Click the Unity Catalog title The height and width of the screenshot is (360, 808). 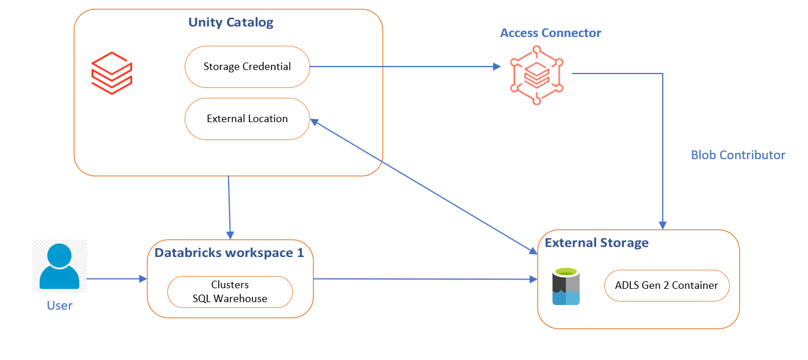[x=230, y=23]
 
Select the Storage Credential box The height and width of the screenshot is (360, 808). [x=247, y=67]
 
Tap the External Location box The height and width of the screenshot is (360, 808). [x=247, y=119]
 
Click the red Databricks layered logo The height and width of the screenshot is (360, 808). [x=112, y=73]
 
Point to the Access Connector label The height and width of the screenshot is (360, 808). [x=550, y=33]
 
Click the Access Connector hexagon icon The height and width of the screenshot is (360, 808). [x=537, y=75]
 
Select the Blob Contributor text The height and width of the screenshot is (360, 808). [x=738, y=155]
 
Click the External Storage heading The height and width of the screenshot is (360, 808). [x=597, y=243]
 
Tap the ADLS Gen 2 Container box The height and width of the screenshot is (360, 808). [x=666, y=285]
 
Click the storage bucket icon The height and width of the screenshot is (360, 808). [x=565, y=286]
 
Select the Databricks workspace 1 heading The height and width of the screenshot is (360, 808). [x=229, y=253]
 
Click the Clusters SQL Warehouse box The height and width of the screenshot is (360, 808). [x=230, y=292]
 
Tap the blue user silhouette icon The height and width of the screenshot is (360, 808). [x=60, y=266]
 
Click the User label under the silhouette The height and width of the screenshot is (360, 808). [x=60, y=306]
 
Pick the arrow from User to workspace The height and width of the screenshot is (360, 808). [x=116, y=279]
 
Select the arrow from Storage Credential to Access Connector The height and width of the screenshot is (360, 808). [x=405, y=67]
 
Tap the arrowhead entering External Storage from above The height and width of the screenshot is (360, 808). [x=663, y=225]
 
